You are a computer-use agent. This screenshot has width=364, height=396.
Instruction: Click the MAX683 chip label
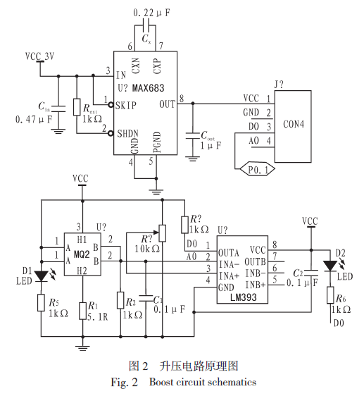[x=148, y=88]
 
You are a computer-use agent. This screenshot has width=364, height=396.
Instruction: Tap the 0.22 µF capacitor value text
[x=151, y=13]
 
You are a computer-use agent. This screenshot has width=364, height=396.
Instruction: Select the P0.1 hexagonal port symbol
[x=257, y=169]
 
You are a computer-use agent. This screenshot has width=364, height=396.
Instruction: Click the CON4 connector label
[x=294, y=124]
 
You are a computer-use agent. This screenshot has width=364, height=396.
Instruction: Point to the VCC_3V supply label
[x=39, y=56]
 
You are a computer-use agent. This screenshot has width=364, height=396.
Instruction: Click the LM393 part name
[x=244, y=297]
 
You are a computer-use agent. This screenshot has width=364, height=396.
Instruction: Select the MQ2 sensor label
[x=82, y=254]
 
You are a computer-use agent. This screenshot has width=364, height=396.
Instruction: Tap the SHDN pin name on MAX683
[x=127, y=133]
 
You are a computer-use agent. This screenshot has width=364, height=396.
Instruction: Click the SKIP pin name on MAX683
[x=126, y=105]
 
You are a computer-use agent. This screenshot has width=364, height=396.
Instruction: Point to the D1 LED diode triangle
[x=41, y=276]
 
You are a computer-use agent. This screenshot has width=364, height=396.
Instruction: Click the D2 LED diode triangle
[x=330, y=266]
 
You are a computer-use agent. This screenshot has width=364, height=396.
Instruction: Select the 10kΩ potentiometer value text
[x=147, y=249]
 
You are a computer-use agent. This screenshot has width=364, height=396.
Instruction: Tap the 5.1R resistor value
[x=98, y=316]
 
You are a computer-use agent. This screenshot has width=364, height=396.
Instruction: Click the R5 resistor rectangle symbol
[x=41, y=302]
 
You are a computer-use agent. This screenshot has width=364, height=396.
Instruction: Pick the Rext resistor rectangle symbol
[x=77, y=107]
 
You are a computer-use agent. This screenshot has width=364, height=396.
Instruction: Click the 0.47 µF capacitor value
[x=34, y=119]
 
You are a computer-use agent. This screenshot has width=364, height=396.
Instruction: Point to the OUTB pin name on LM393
[x=255, y=262]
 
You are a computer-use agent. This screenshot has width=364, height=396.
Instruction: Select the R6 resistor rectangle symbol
[x=330, y=295]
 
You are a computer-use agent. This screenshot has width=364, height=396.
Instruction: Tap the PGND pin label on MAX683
[x=157, y=142]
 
